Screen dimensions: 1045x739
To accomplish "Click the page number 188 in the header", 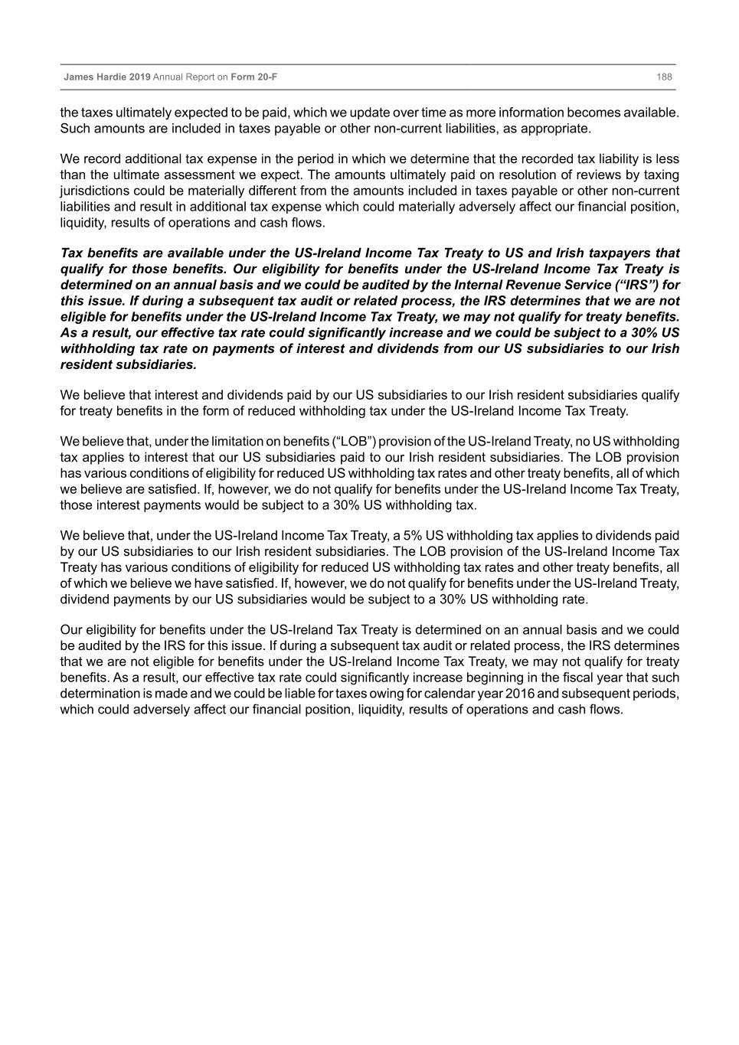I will [664, 77].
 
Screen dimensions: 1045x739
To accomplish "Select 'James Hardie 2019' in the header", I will [107, 77].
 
